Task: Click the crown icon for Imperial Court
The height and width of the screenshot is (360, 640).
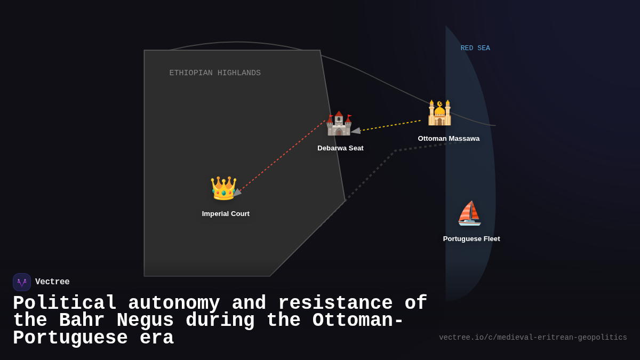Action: pos(223,188)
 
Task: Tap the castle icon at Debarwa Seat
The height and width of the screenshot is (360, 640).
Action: pos(339,123)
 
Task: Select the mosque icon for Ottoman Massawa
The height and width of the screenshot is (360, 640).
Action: pos(439,113)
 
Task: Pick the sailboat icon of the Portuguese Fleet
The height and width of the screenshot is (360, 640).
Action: pos(469,213)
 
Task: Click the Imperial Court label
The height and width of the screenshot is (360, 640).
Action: pos(226,214)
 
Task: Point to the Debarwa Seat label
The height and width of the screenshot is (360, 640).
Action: pos(340,148)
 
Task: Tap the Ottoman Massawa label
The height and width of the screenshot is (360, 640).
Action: pos(449,139)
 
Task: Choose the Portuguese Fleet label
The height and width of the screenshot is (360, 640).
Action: pos(471,239)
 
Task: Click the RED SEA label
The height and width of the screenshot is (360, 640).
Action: pos(475,49)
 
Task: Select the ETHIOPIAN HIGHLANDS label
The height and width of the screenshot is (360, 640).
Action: pos(215,73)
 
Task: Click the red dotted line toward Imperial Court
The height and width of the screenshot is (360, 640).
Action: pos(280,157)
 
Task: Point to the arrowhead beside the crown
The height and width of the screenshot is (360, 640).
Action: pos(237,193)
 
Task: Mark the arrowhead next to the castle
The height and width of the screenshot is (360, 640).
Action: pos(356,130)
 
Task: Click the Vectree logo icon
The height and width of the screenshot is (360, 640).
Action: pos(22,282)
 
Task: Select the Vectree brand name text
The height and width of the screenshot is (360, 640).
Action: pos(52,282)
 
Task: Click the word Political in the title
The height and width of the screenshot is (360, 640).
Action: pos(65,303)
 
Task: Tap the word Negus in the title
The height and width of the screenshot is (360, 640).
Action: pos(145,321)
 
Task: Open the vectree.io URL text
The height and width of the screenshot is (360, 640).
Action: pos(533,338)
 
